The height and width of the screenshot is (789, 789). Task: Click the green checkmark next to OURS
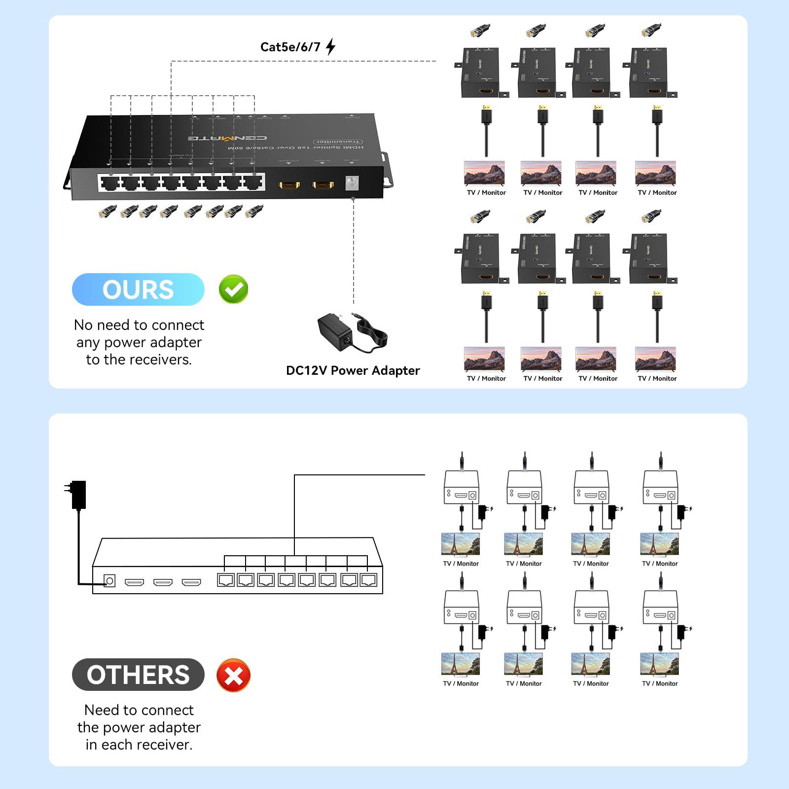click(x=233, y=289)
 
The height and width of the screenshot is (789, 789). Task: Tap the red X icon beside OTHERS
click(x=233, y=675)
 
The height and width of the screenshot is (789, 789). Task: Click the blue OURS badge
click(x=138, y=289)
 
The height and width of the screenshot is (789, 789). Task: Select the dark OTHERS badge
click(x=138, y=675)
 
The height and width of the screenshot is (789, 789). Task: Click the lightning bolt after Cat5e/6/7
click(x=331, y=47)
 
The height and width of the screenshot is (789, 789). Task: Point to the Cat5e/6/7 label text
click(x=290, y=47)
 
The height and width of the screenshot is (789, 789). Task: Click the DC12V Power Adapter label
click(x=353, y=370)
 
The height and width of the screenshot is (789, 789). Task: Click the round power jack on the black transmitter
click(x=352, y=183)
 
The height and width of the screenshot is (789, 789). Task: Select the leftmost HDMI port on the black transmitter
click(x=289, y=185)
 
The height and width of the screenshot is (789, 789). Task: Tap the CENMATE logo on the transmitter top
click(x=228, y=138)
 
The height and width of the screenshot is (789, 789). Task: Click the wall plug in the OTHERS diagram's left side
click(x=77, y=494)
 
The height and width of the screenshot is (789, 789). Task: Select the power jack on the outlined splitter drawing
click(x=109, y=581)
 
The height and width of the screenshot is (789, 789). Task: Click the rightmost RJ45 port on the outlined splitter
click(x=368, y=580)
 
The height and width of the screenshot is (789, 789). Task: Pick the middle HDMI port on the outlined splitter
click(x=163, y=582)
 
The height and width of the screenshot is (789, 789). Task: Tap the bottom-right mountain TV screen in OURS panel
click(x=655, y=359)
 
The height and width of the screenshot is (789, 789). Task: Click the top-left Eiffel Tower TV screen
click(x=461, y=544)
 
